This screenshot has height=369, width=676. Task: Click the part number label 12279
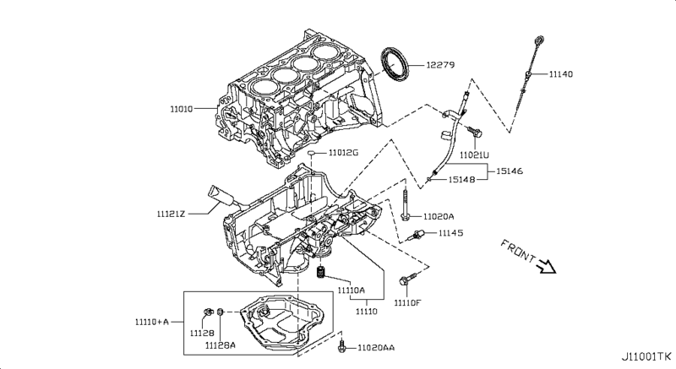pos(440,65)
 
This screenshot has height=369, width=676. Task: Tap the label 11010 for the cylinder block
pos(181,109)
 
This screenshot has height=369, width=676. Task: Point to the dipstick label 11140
pos(561,74)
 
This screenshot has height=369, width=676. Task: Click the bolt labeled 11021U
pos(476,132)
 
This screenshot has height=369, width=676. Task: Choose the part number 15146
pos(510,171)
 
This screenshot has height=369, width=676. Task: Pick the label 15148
pos(461,179)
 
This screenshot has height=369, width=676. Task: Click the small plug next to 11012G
pos(313,153)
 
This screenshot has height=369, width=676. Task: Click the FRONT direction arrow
pos(547,267)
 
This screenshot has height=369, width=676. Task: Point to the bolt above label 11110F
pos(408,279)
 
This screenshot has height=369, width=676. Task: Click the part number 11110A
pos(351,290)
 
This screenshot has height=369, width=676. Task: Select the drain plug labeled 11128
pos(208,312)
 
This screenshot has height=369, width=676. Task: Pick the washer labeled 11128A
pos(220,312)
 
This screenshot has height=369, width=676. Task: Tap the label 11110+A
pos(152,322)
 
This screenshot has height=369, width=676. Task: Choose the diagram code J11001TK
pos(646,356)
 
